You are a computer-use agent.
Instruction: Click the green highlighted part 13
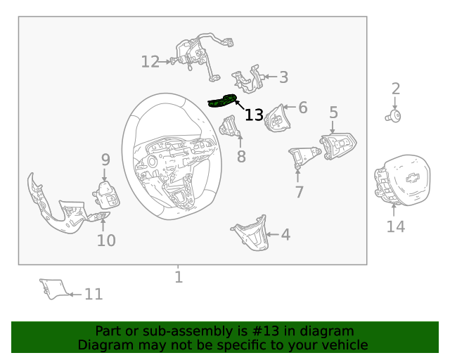pyautogui.click(x=222, y=101)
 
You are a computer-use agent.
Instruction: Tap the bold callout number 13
pyautogui.click(x=254, y=115)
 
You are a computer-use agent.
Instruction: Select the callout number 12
pyautogui.click(x=150, y=62)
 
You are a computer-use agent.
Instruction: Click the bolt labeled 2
pyautogui.click(x=393, y=117)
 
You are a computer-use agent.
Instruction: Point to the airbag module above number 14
pyautogui.click(x=402, y=180)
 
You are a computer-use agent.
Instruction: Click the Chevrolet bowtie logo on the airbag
pyautogui.click(x=413, y=179)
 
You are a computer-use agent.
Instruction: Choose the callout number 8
pyautogui.click(x=241, y=157)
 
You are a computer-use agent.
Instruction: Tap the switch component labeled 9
pyautogui.click(x=106, y=195)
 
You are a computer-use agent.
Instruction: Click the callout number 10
pyautogui.click(x=106, y=240)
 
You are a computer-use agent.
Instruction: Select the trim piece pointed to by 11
pyautogui.click(x=54, y=288)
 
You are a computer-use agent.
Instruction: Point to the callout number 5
pyautogui.click(x=333, y=112)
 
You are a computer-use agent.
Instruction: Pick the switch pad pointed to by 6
pyautogui.click(x=277, y=118)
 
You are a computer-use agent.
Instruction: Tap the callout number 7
pyautogui.click(x=300, y=192)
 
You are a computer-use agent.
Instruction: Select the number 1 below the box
pyautogui.click(x=179, y=277)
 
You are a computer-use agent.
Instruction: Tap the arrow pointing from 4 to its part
pyautogui.click(x=272, y=235)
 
